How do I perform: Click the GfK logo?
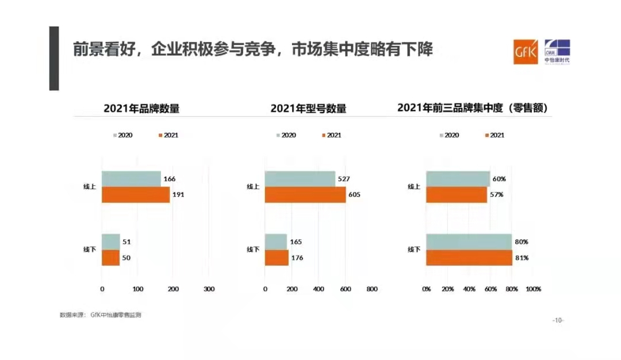click(526, 52)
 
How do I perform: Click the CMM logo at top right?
click(557, 52)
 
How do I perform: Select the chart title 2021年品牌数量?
click(141, 108)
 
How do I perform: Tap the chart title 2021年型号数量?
click(309, 108)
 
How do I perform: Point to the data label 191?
click(178, 195)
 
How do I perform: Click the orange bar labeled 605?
click(305, 195)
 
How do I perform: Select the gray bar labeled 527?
click(300, 179)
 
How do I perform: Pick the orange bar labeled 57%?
click(457, 195)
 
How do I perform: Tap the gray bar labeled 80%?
click(469, 242)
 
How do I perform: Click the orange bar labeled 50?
click(110, 258)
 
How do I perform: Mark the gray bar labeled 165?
click(276, 242)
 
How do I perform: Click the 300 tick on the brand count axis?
click(209, 289)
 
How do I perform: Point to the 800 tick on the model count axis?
click(372, 289)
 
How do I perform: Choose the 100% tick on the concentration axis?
click(533, 289)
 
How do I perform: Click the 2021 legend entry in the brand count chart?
click(167, 135)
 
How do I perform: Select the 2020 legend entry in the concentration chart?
click(449, 135)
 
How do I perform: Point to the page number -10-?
click(558, 320)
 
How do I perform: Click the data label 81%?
click(522, 258)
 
